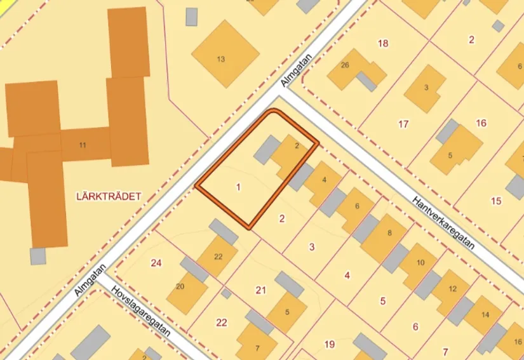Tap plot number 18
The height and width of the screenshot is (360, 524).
coord(382,43)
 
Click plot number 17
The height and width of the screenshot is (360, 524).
coord(403,124)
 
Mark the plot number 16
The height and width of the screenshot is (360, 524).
coord(481,123)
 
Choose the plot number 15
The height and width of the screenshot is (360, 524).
coord(496,201)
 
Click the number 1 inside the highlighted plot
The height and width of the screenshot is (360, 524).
coord(238,187)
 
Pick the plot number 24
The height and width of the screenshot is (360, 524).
coord(156,262)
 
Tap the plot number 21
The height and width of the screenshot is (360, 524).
coord(260,290)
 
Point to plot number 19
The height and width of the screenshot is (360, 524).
coord(329,344)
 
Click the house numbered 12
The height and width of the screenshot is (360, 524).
coord(452,289)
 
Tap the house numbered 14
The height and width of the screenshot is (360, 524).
coord(485,315)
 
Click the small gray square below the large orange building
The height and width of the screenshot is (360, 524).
coord(38,256)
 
